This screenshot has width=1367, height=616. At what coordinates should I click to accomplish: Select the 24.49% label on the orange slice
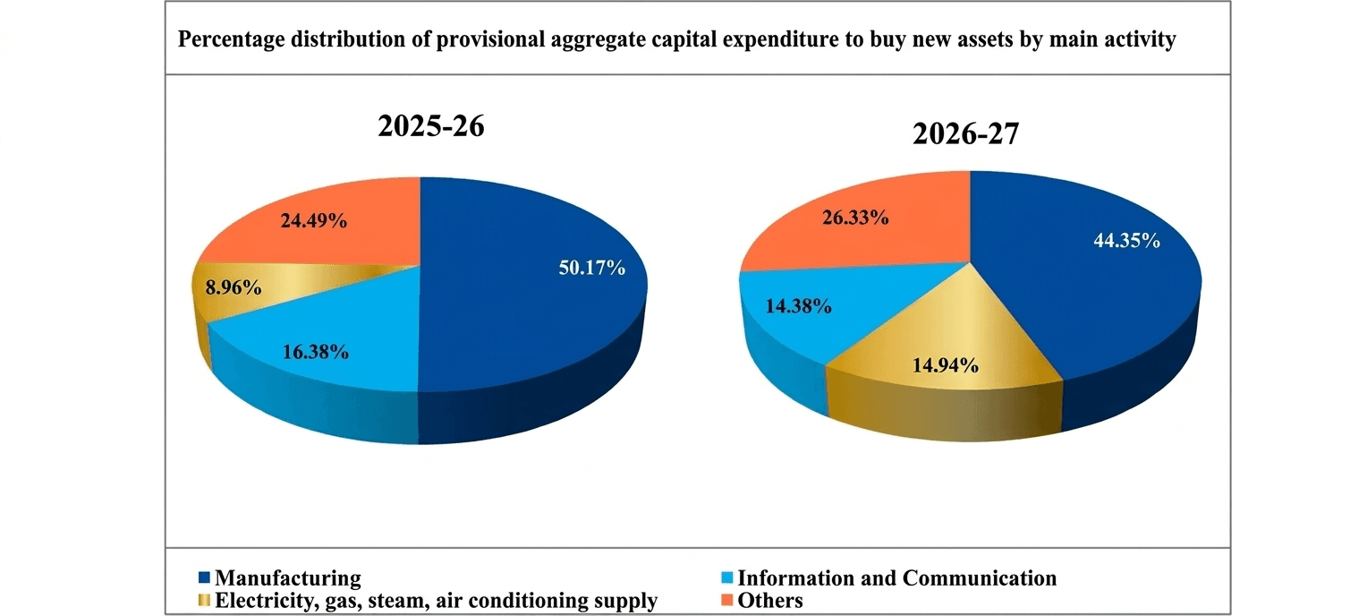click(313, 220)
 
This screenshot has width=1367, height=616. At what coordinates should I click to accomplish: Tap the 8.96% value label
click(233, 288)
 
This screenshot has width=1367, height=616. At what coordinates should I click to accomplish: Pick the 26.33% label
click(854, 218)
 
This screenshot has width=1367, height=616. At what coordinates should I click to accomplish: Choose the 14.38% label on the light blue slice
click(798, 306)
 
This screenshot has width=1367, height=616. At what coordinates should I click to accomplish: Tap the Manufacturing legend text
click(288, 577)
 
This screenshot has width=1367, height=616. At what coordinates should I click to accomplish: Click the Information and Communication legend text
click(897, 577)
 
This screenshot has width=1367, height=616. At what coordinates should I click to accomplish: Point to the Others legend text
click(770, 600)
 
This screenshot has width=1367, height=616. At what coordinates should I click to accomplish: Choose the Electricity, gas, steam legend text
click(436, 600)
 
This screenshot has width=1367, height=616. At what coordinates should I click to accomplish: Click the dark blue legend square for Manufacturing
click(203, 577)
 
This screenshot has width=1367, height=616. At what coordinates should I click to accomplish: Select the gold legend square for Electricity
click(203, 600)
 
